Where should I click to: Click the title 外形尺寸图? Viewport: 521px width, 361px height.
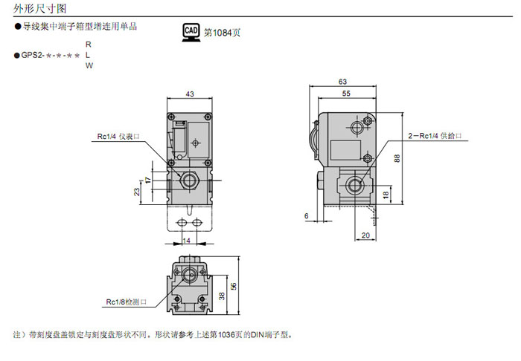(36, 9)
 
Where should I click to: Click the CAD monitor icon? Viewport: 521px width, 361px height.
(191, 31)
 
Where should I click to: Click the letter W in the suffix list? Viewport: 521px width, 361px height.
(89, 66)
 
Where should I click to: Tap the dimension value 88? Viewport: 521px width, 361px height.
(397, 157)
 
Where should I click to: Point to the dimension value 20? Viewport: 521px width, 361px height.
(365, 235)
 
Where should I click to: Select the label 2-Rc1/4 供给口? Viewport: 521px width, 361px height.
(435, 136)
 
